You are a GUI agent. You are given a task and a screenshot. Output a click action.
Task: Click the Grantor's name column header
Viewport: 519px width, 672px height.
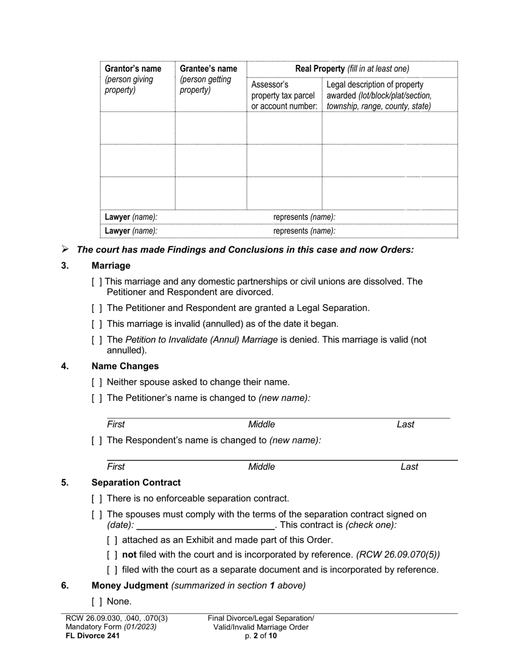tap(133, 69)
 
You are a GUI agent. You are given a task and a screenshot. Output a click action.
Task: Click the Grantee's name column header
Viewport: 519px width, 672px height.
tap(208, 69)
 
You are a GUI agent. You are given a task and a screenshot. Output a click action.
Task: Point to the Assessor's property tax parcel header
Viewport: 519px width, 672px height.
tap(284, 95)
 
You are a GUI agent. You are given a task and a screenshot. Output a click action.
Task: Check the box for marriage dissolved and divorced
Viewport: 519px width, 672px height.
tap(97, 282)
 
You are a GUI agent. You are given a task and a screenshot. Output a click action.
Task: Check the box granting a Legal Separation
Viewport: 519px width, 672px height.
tap(97, 308)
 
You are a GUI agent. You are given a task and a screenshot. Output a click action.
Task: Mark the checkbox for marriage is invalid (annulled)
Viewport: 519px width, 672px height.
tap(97, 324)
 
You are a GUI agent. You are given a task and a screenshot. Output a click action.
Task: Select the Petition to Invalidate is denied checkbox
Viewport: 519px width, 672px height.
tap(97, 340)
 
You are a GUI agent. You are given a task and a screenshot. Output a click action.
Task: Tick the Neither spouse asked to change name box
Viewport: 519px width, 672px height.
tap(97, 382)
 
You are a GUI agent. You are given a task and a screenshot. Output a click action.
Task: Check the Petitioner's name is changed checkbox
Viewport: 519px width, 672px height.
tap(97, 398)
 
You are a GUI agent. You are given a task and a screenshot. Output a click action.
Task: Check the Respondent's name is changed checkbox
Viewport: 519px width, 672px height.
tap(97, 440)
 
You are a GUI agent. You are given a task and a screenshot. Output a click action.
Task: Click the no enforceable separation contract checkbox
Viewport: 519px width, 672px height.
tap(97, 499)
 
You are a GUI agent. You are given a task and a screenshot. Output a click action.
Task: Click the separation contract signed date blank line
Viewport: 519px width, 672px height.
tap(205, 526)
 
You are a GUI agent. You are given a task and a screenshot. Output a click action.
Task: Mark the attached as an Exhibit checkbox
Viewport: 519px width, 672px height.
tap(112, 540)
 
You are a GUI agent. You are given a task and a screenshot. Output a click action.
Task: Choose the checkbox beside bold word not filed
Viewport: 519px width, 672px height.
tap(112, 555)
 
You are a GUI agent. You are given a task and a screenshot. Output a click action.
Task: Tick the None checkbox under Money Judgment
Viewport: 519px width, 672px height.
tap(97, 602)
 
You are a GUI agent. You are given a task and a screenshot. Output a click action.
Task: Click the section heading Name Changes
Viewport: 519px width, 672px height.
tap(125, 366)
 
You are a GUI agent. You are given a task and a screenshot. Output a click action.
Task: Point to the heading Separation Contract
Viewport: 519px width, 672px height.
tap(136, 482)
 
